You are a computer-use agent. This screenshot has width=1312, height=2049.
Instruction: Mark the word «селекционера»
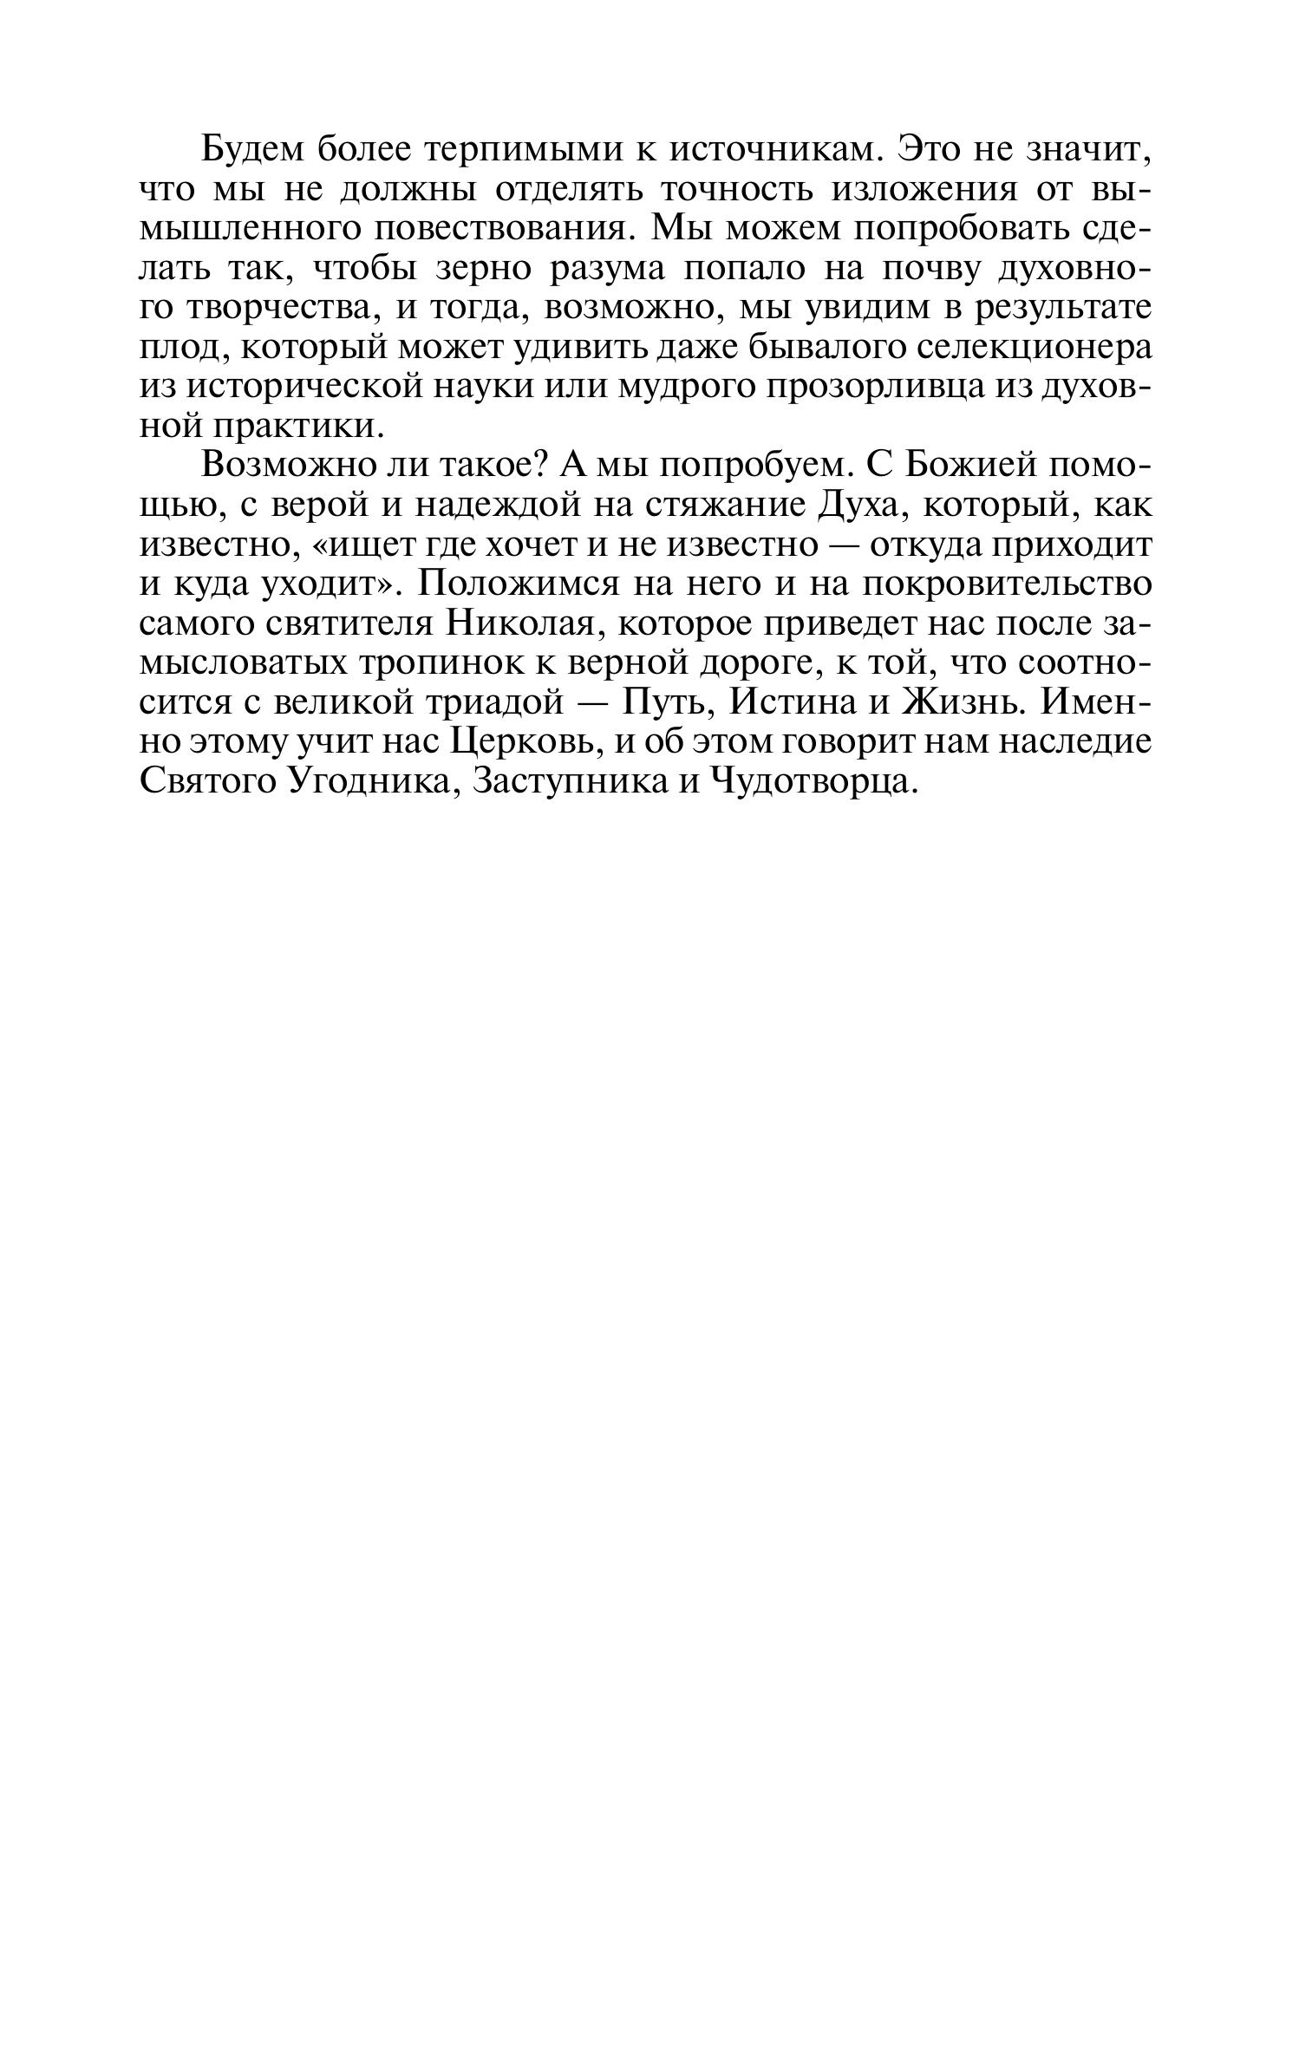pyautogui.click(x=1034, y=347)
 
